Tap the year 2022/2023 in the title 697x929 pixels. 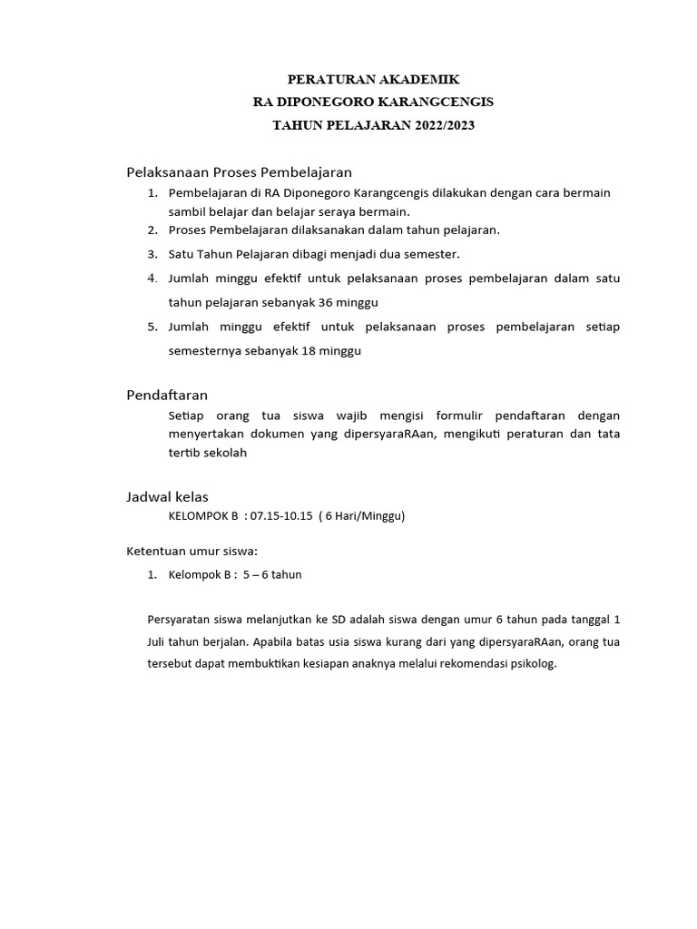[444, 125]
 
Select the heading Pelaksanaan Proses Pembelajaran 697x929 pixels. [238, 171]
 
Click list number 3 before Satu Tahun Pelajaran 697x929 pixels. [152, 254]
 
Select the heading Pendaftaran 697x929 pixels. [166, 395]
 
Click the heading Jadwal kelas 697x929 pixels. [166, 496]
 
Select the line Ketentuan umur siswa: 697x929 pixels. [192, 550]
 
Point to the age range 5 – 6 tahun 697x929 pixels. [272, 574]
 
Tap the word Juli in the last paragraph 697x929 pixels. [157, 641]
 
